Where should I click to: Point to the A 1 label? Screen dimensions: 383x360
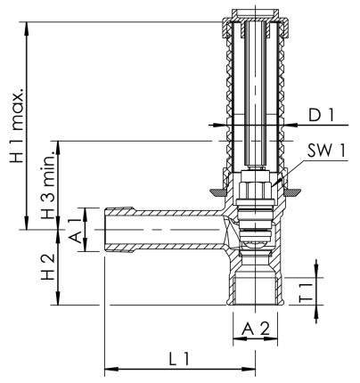[x=77, y=230]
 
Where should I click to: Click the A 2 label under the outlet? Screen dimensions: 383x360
[x=255, y=328]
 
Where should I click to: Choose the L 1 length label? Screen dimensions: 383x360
[x=179, y=358]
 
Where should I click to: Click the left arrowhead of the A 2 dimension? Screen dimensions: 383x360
[x=238, y=343]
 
